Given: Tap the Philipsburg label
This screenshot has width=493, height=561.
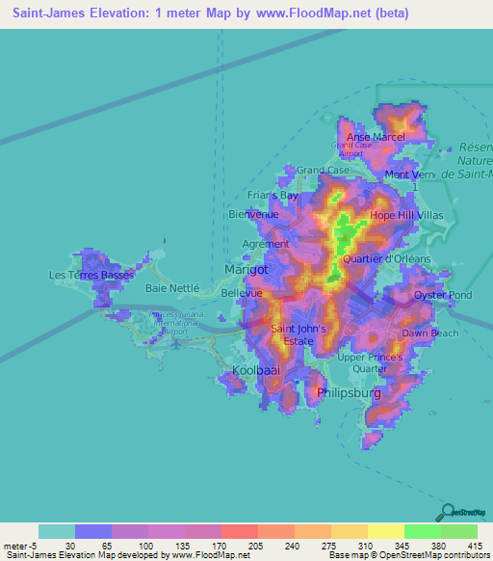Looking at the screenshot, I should (349, 393).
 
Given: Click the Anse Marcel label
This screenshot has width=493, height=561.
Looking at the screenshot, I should (376, 137).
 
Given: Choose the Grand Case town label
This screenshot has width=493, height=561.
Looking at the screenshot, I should (323, 170).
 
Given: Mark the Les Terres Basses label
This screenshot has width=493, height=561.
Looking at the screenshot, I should (91, 275).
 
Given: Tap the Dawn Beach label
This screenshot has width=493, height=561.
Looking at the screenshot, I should (430, 333).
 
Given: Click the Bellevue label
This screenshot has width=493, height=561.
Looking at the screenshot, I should (242, 292).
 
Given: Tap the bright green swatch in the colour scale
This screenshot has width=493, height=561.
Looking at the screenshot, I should (422, 531).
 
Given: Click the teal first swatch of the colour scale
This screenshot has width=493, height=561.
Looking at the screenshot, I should (57, 531).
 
